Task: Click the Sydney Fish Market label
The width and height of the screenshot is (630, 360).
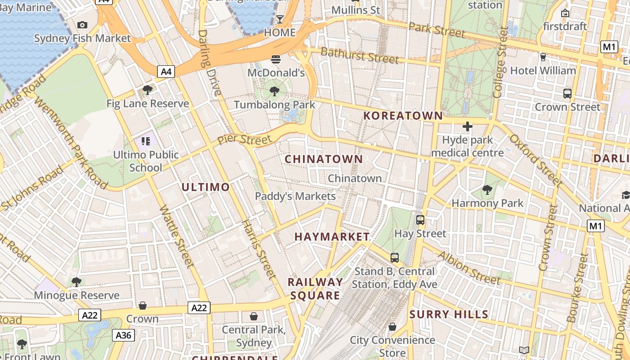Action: (x=82, y=38)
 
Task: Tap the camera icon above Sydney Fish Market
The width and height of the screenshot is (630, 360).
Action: (x=82, y=25)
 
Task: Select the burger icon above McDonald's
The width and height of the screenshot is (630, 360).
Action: (x=276, y=59)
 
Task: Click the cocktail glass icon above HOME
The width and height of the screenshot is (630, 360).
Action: (x=279, y=19)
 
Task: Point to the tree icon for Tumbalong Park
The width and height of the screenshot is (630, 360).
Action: (x=274, y=92)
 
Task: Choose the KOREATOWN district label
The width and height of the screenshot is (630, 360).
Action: (x=403, y=116)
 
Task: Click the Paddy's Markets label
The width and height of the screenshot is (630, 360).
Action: (x=295, y=196)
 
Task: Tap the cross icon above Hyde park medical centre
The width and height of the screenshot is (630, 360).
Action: (x=468, y=126)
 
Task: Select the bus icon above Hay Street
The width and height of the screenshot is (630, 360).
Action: (x=420, y=220)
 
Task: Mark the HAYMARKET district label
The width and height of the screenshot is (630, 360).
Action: (x=332, y=237)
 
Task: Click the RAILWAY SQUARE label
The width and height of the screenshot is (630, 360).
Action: (x=315, y=289)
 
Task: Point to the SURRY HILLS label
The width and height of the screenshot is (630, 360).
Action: (x=449, y=314)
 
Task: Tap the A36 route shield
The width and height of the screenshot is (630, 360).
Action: (x=123, y=335)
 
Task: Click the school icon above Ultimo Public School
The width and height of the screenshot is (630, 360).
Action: (x=145, y=142)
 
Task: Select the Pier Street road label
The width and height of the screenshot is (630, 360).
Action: (x=245, y=139)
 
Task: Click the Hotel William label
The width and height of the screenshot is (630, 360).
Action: (x=543, y=71)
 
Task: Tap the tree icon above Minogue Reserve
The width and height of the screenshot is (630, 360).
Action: (x=76, y=282)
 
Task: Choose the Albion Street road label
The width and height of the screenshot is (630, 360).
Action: (x=469, y=268)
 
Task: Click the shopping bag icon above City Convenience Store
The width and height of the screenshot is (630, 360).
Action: (x=392, y=327)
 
